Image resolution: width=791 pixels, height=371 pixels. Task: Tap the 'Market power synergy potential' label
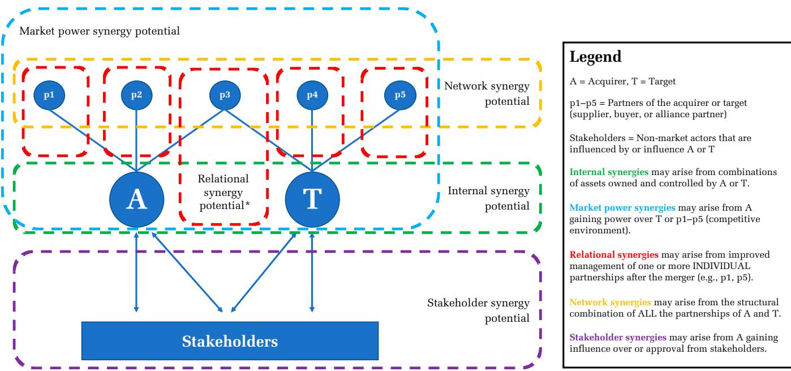point(100,31)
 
